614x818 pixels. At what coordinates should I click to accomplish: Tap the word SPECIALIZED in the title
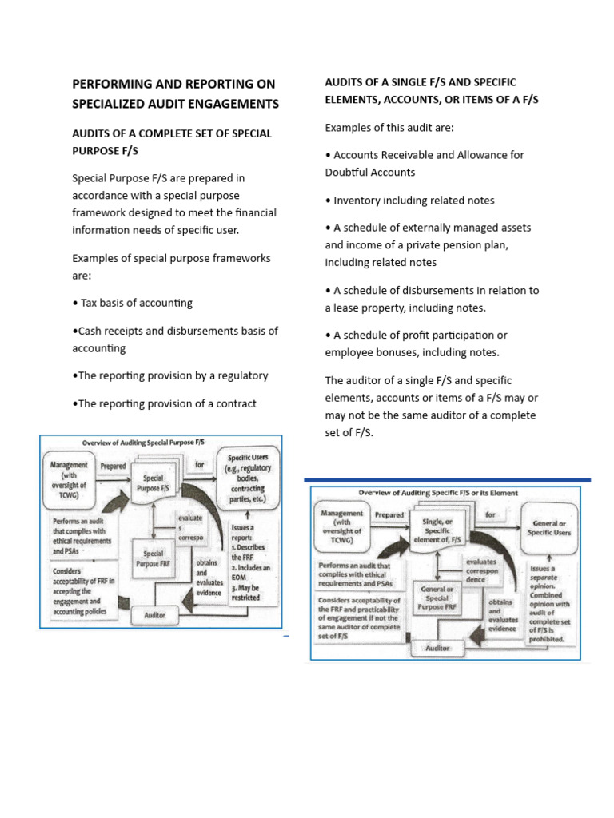[114, 104]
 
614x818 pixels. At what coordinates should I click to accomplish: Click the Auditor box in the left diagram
[154, 616]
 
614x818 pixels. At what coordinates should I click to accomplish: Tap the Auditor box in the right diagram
[438, 648]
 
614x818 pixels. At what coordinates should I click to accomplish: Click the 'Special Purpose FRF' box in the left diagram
[153, 558]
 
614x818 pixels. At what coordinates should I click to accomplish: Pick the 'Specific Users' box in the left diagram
[249, 478]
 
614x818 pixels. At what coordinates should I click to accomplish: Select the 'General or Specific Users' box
[551, 528]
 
